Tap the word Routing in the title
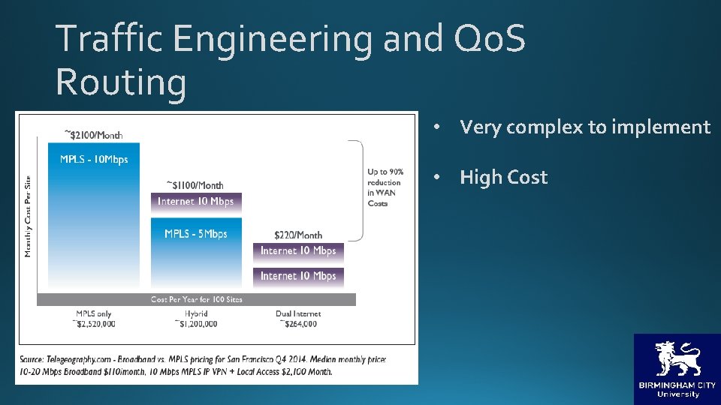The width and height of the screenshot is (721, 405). tap(121, 82)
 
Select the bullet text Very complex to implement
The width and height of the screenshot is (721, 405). tap(584, 127)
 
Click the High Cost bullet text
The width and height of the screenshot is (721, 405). tap(503, 178)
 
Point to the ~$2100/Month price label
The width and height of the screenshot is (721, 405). tap(94, 134)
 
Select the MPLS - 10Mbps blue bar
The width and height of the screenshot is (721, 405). tap(94, 217)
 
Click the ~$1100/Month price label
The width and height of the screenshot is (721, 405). tap(195, 184)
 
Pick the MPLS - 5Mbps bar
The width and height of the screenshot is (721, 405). tap(196, 255)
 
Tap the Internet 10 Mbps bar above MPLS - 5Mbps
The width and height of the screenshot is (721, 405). tap(196, 201)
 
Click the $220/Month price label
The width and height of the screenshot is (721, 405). tap(298, 235)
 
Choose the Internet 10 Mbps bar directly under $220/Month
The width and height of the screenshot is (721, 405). tap(298, 251)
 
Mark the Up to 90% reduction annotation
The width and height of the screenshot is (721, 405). tap(385, 187)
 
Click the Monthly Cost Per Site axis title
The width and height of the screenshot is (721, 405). tap(28, 216)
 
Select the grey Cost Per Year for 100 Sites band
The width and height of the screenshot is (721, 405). tap(196, 299)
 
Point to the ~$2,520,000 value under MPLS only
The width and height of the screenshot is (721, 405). tap(94, 324)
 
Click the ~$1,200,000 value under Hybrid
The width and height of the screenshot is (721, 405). tap(196, 324)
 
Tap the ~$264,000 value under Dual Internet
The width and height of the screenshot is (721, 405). tap(298, 324)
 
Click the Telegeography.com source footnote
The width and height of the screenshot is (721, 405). tap(203, 365)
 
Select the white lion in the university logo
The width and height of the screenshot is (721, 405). tap(677, 358)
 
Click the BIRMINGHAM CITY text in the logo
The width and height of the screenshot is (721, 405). tap(677, 385)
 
